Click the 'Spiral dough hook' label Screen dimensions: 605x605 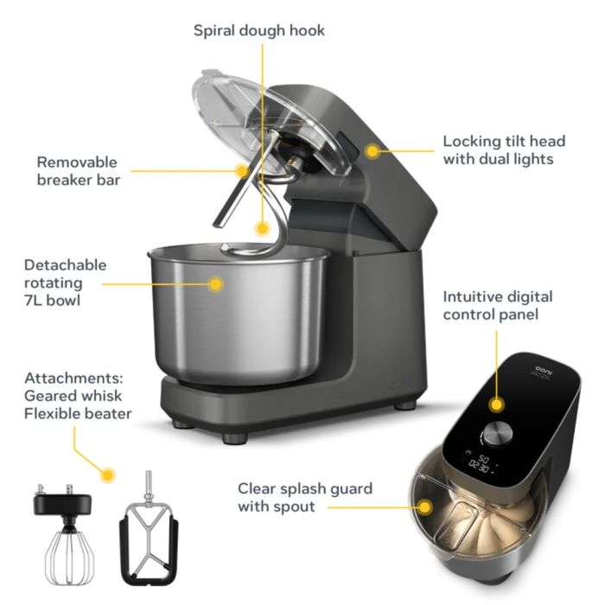point(258,30)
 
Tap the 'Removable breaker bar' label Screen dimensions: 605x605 point(79,170)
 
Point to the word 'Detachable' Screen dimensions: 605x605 point(65,265)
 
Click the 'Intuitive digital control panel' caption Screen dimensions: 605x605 point(498,305)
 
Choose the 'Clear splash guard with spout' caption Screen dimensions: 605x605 point(305,497)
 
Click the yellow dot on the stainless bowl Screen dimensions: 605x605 point(215,283)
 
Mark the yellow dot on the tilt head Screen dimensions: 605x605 point(373,150)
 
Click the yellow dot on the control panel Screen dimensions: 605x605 point(497,404)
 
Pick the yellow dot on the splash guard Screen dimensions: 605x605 point(426,506)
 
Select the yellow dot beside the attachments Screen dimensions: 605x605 point(108,474)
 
